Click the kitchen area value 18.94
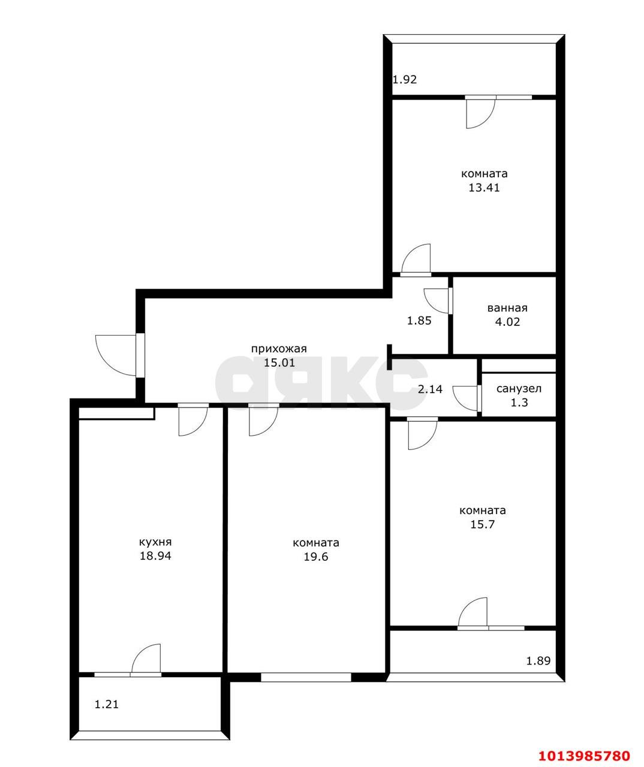(155, 556)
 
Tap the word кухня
(155, 542)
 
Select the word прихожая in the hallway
(279, 349)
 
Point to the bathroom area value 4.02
(507, 322)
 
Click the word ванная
(507, 308)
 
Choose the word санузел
(519, 389)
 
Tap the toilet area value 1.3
(519, 403)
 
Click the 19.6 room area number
(316, 557)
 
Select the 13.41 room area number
(484, 188)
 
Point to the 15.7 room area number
(483, 524)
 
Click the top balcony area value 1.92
(405, 79)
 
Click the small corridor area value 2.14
(430, 389)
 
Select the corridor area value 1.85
(419, 321)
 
